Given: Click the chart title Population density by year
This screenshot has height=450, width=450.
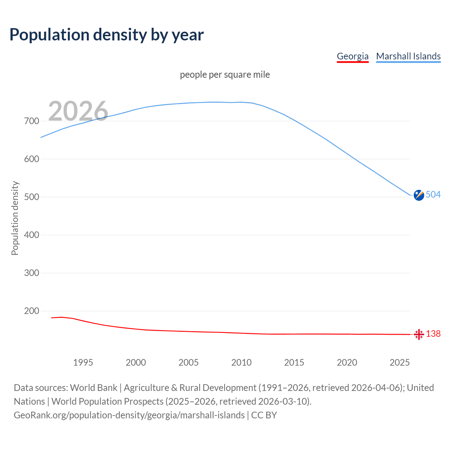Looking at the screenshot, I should pos(107,35).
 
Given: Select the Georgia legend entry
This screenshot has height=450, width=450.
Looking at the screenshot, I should pos(353,56).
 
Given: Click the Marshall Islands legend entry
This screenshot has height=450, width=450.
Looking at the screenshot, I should pos(408,56).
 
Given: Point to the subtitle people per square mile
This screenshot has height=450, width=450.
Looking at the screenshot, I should pos(225,75).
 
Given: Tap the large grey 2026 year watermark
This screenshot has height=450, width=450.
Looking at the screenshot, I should pos(78,111).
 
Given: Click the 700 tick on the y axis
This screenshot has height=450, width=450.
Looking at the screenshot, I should pos(32,121).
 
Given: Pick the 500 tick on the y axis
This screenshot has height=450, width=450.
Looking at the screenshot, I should pos(32,197).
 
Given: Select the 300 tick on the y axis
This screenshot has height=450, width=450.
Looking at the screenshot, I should pos(32,273).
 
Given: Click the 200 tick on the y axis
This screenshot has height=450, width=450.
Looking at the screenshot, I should pos(32,311).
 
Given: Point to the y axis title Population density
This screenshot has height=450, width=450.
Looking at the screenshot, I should pos(15,218).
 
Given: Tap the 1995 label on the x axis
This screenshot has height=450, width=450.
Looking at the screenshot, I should pos(83,362).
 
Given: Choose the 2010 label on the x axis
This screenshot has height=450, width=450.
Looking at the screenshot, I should pos(242,362).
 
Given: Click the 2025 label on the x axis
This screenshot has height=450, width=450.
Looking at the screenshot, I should pos(400,362).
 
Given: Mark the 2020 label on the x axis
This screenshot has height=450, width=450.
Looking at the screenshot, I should pos(347,362).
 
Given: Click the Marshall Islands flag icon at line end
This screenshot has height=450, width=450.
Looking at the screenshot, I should pos(419,195).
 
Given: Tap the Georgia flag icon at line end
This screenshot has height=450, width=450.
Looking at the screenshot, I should pos(419,334).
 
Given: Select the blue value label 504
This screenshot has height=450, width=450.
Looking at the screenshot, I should pos(433,195).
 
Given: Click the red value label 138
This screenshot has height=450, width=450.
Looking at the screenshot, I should pos(433,334).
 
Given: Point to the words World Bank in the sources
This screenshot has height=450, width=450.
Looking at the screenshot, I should pos(94,388).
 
